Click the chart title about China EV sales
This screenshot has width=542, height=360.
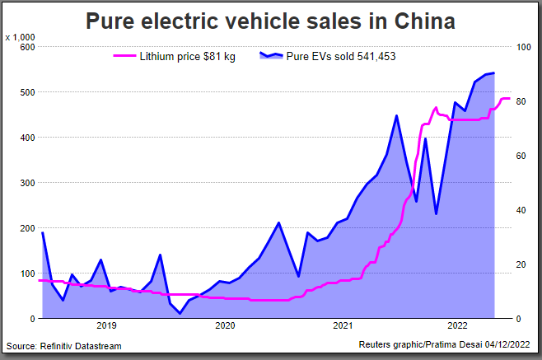pyautogui.click(x=270, y=21)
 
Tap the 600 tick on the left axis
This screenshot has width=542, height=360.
pyautogui.click(x=27, y=47)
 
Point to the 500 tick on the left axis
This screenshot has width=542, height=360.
pyautogui.click(x=27, y=92)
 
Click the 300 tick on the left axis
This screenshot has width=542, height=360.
pyautogui.click(x=27, y=183)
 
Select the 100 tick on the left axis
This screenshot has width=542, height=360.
pyautogui.click(x=27, y=274)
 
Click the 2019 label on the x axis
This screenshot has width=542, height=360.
pyautogui.click(x=106, y=326)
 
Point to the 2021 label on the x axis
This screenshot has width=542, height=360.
pyautogui.click(x=343, y=326)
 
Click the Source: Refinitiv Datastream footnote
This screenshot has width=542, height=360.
pyautogui.click(x=63, y=346)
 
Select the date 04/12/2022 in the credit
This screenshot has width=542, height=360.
pyautogui.click(x=507, y=346)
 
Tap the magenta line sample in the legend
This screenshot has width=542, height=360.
pyautogui.click(x=124, y=57)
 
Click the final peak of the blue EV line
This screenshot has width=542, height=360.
pyautogui.click(x=493, y=73)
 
